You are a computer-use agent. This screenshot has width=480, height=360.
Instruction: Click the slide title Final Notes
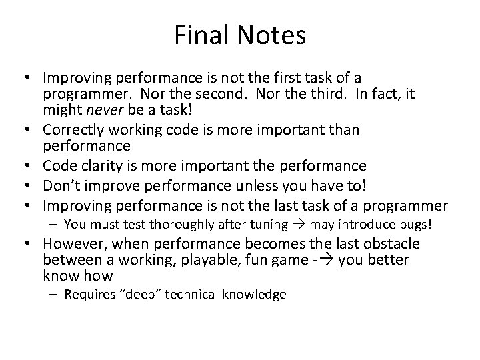click(x=240, y=35)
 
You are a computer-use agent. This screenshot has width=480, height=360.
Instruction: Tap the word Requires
click(x=88, y=294)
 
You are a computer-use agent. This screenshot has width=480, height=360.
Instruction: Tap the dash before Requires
click(x=55, y=294)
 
